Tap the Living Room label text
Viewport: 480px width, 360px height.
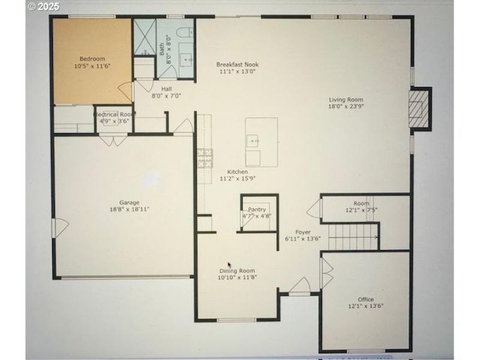346,100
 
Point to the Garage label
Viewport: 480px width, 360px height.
129,202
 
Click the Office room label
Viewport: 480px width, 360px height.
365,299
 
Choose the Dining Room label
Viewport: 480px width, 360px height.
238,271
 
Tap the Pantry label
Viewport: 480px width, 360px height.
257,209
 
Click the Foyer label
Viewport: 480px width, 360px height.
302,232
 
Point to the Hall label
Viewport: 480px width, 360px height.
166,89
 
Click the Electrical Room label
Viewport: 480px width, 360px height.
114,114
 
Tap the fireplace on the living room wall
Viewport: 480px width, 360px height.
419,108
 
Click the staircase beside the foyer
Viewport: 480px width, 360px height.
354,236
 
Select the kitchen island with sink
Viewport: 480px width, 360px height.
261,142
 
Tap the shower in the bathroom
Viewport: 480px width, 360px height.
144,37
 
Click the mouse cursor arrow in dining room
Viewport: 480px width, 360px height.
229,265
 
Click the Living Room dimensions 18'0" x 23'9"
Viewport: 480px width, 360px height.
346,107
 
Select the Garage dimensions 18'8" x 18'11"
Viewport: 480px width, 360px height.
129,209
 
